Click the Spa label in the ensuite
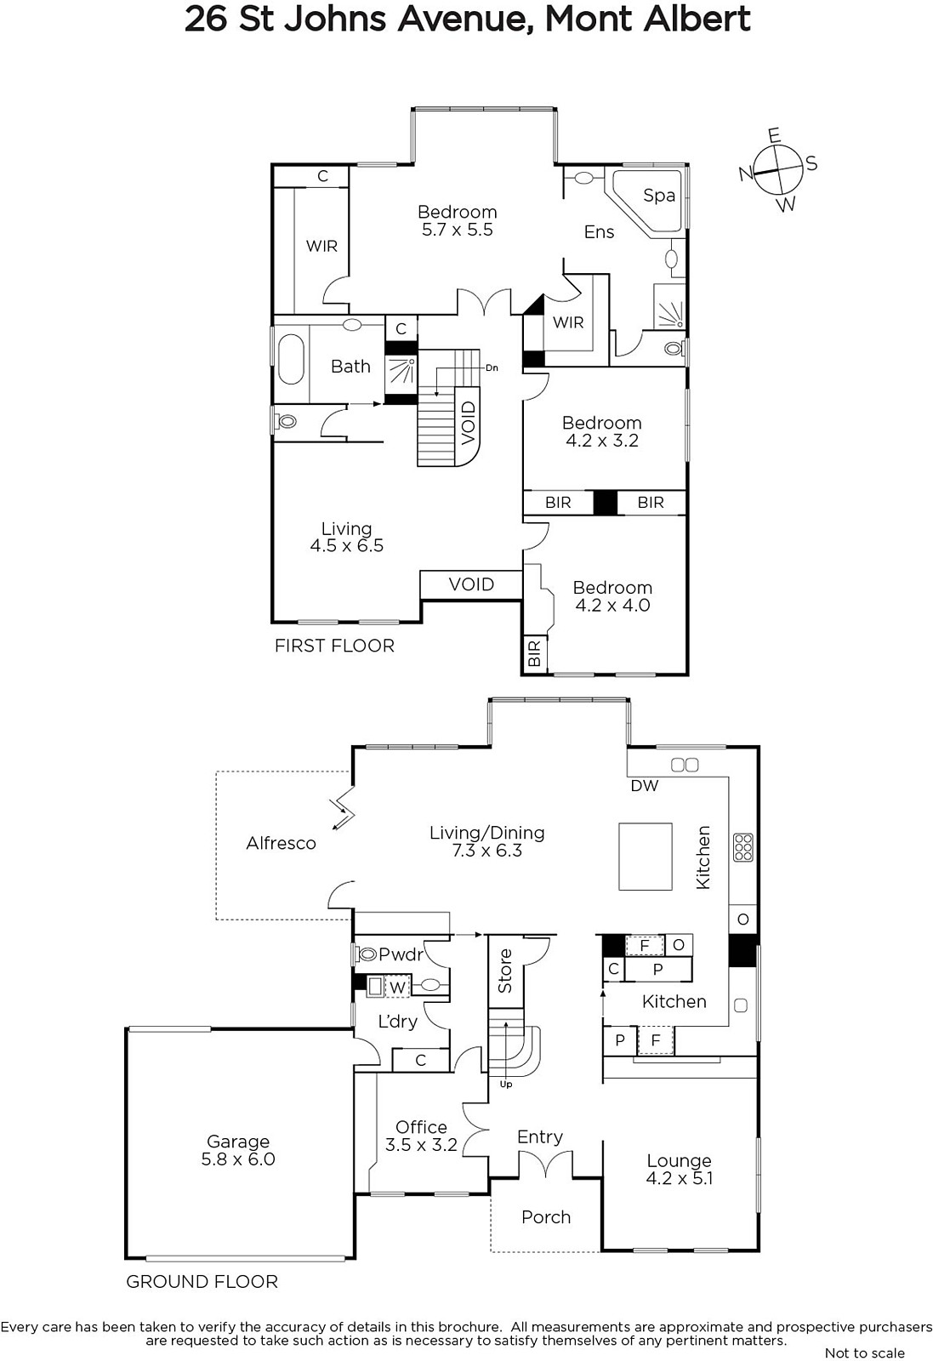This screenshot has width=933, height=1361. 659,196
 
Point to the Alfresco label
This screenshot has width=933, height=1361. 282,843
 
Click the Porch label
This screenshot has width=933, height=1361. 546,1217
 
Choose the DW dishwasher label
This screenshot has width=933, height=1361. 645,786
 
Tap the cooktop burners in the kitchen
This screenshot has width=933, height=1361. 743,846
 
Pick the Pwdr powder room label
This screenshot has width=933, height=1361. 401,954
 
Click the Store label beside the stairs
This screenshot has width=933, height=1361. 505,971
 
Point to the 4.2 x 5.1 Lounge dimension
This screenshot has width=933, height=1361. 679,1178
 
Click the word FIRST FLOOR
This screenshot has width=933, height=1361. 335,646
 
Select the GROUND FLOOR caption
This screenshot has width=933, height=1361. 202,1281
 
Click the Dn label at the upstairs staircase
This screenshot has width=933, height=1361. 492,367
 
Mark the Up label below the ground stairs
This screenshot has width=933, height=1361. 506,1084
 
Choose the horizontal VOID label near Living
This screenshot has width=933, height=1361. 471,584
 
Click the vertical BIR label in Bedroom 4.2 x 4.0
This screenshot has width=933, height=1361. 534,654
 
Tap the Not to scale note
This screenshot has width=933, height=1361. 865,1352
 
